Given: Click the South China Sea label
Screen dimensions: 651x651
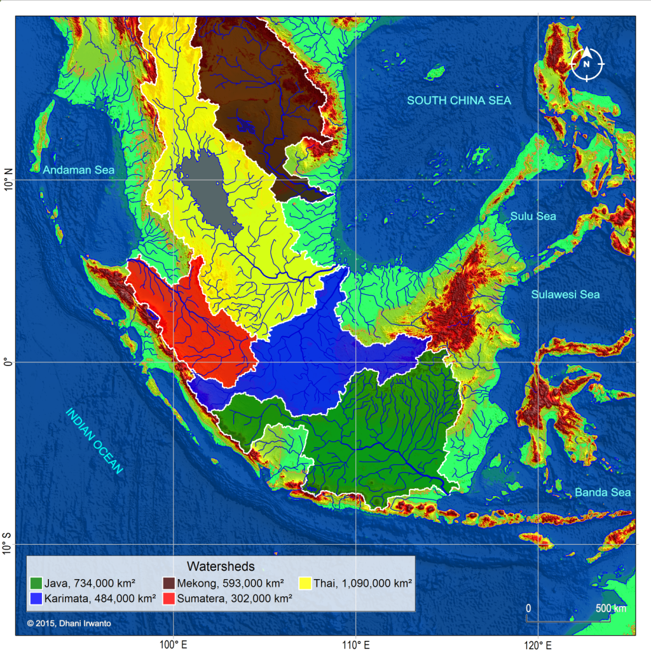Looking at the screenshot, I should pyautogui.click(x=459, y=100).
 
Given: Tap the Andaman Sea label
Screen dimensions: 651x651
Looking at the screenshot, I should pyautogui.click(x=79, y=170).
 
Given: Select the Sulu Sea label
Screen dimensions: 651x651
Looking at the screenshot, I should pyautogui.click(x=533, y=217).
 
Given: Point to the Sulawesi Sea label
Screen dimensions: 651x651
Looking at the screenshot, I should pyautogui.click(x=565, y=294).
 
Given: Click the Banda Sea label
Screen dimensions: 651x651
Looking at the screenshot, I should pyautogui.click(x=603, y=492).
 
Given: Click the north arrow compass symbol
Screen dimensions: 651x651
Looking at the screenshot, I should pyautogui.click(x=587, y=64).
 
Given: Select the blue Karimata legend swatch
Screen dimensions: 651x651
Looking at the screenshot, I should pyautogui.click(x=37, y=598).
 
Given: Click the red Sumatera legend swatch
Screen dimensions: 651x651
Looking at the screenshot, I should pyautogui.click(x=171, y=598).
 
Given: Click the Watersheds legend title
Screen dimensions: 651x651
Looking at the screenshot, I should pyautogui.click(x=221, y=566).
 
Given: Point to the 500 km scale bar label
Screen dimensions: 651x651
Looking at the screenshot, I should pyautogui.click(x=610, y=608).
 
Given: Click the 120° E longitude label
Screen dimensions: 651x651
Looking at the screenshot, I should pyautogui.click(x=537, y=643).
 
